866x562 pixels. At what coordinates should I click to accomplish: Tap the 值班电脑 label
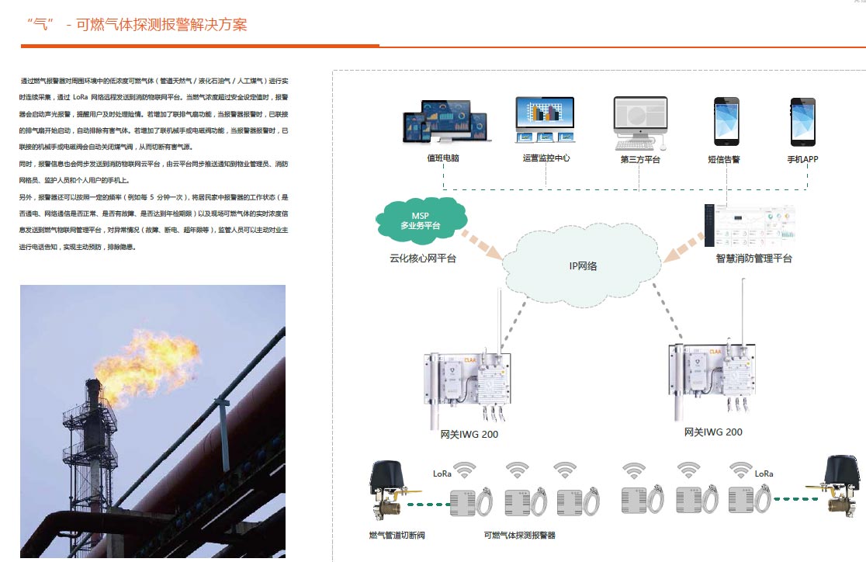[x=443, y=159]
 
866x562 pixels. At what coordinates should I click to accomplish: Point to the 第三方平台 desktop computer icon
[x=640, y=123]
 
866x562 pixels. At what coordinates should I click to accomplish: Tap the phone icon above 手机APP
[x=802, y=122]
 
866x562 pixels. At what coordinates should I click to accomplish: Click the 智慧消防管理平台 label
[x=754, y=258]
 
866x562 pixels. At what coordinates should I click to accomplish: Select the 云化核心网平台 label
[x=423, y=258]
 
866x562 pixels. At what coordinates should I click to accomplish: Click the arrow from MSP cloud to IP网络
[x=481, y=241]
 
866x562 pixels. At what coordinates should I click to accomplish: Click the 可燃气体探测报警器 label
[x=519, y=536]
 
